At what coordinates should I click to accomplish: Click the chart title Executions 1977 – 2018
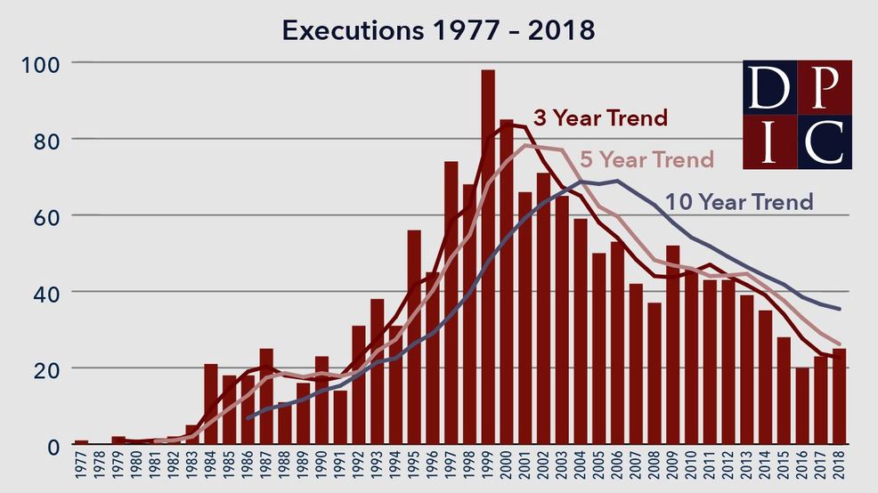438,29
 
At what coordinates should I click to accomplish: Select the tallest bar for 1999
488,258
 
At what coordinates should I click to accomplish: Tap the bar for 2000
507,285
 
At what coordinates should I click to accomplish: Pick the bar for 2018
839,397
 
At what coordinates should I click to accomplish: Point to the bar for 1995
414,338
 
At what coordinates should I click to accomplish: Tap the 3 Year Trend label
600,117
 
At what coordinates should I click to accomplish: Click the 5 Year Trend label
646,159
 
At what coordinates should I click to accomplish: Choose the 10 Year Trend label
739,201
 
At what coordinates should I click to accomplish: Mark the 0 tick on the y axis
52,445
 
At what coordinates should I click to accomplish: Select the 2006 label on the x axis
618,468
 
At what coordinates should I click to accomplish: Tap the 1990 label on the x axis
322,468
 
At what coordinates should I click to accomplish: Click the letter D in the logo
770,87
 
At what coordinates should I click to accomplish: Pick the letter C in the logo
824,141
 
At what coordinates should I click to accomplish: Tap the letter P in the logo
824,87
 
